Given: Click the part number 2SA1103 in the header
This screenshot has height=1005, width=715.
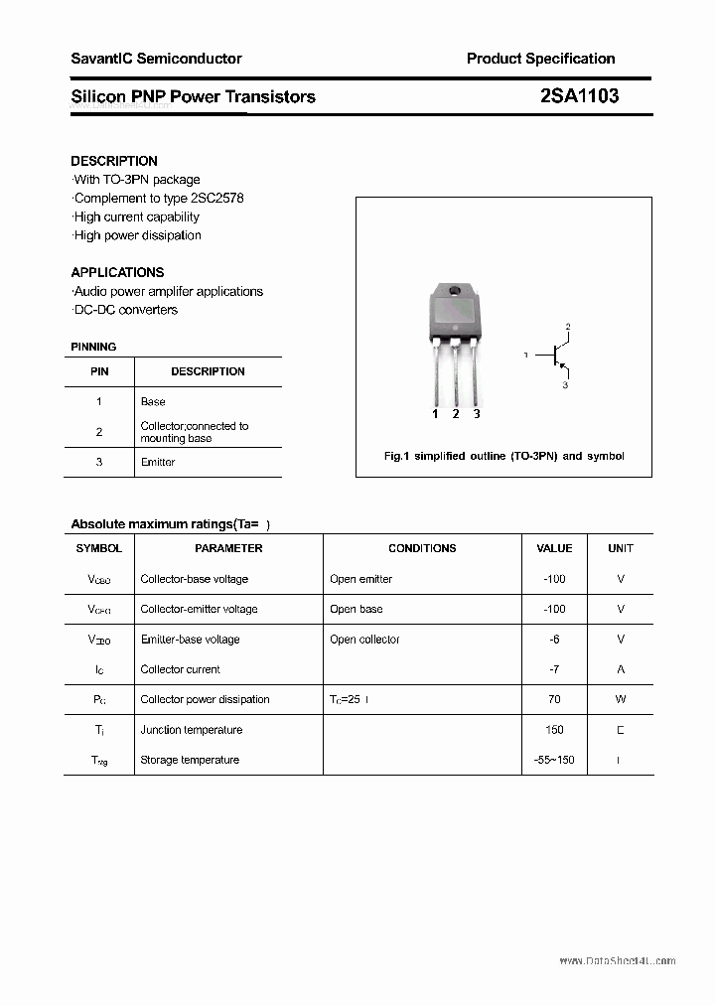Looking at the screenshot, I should pyautogui.click(x=579, y=96).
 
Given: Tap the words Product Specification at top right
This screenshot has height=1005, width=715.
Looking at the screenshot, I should pyautogui.click(x=540, y=59).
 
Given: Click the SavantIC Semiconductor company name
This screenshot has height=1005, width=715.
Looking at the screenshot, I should pyautogui.click(x=156, y=59).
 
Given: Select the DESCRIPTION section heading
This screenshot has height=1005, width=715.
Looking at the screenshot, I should pyautogui.click(x=114, y=161).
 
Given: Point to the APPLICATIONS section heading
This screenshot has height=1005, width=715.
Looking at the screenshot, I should pyautogui.click(x=117, y=272).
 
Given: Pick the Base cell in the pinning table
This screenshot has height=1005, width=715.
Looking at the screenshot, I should pyautogui.click(x=153, y=402).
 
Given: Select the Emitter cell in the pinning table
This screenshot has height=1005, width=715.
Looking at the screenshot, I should pyautogui.click(x=158, y=463).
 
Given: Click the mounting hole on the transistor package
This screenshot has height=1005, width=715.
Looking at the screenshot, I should pyautogui.click(x=455, y=292).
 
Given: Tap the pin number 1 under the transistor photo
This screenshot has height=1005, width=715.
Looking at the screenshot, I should pyautogui.click(x=435, y=414).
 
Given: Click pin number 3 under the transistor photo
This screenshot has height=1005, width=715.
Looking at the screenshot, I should pyautogui.click(x=477, y=414).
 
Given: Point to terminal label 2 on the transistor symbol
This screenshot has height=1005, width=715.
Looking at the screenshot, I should pyautogui.click(x=567, y=326).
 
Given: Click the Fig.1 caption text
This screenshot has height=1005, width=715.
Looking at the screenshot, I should pyautogui.click(x=503, y=456).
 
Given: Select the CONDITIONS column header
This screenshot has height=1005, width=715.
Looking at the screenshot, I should pyautogui.click(x=422, y=548).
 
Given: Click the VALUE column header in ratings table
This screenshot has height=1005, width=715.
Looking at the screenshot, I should pyautogui.click(x=554, y=548).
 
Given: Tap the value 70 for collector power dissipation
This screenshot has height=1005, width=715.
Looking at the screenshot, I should pyautogui.click(x=554, y=699).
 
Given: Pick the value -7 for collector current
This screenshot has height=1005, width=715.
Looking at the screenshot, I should pyautogui.click(x=554, y=669).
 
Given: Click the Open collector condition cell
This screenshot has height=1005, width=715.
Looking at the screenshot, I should pyautogui.click(x=364, y=640).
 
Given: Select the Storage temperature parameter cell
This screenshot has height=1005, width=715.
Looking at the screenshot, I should pyautogui.click(x=190, y=760).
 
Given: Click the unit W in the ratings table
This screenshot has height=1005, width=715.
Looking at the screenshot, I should pyautogui.click(x=621, y=699).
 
